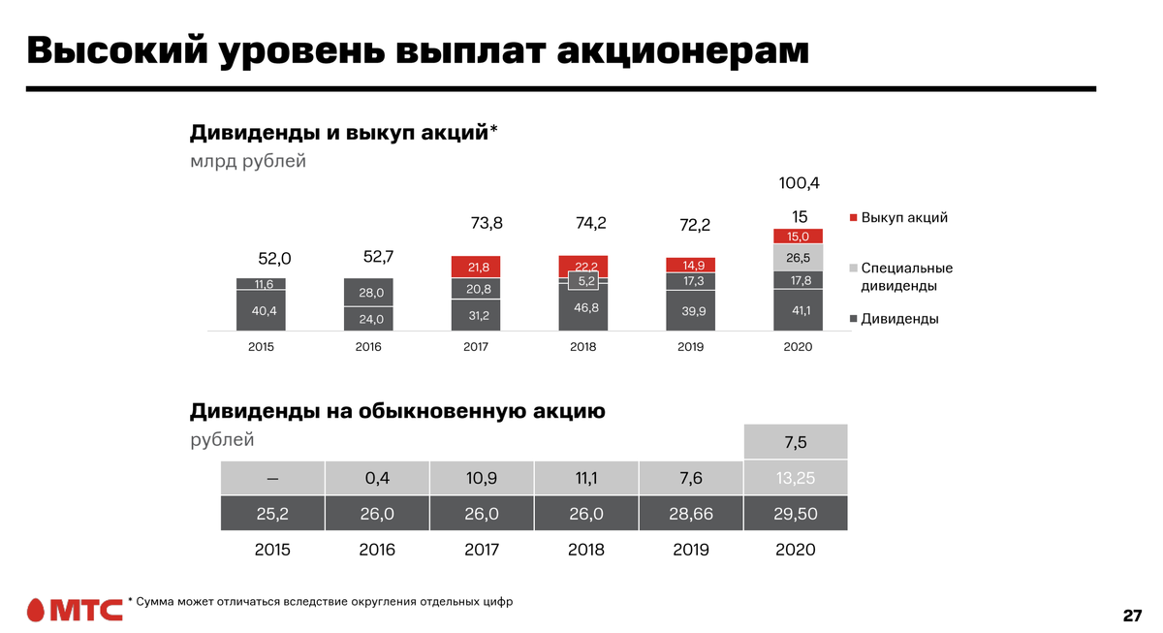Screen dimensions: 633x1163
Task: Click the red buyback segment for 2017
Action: (x=476, y=267)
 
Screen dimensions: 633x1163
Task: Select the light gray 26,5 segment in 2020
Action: (x=798, y=258)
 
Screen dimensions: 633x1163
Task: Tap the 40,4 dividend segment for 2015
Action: (x=261, y=311)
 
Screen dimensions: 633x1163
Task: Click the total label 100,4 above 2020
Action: (x=800, y=183)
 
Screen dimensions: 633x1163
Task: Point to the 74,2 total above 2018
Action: (x=590, y=223)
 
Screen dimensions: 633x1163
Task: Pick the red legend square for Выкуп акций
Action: (x=852, y=218)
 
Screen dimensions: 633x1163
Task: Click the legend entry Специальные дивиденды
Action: (x=906, y=276)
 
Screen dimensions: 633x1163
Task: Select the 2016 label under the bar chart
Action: (x=368, y=347)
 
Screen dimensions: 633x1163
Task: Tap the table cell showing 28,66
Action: (x=691, y=514)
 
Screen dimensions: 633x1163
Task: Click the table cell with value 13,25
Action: (x=796, y=478)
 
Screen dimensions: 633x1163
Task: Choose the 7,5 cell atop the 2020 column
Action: (x=796, y=443)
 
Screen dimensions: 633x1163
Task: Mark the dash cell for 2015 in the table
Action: (x=272, y=478)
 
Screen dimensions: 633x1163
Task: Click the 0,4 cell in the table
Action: (x=377, y=478)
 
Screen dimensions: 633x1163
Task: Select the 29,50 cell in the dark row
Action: (x=796, y=514)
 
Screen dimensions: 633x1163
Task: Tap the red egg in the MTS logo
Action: (x=36, y=610)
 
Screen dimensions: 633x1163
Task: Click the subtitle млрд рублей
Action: (x=248, y=161)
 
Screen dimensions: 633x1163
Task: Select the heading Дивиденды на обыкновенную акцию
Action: (x=397, y=411)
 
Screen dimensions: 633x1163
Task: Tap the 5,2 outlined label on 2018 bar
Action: (x=584, y=281)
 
